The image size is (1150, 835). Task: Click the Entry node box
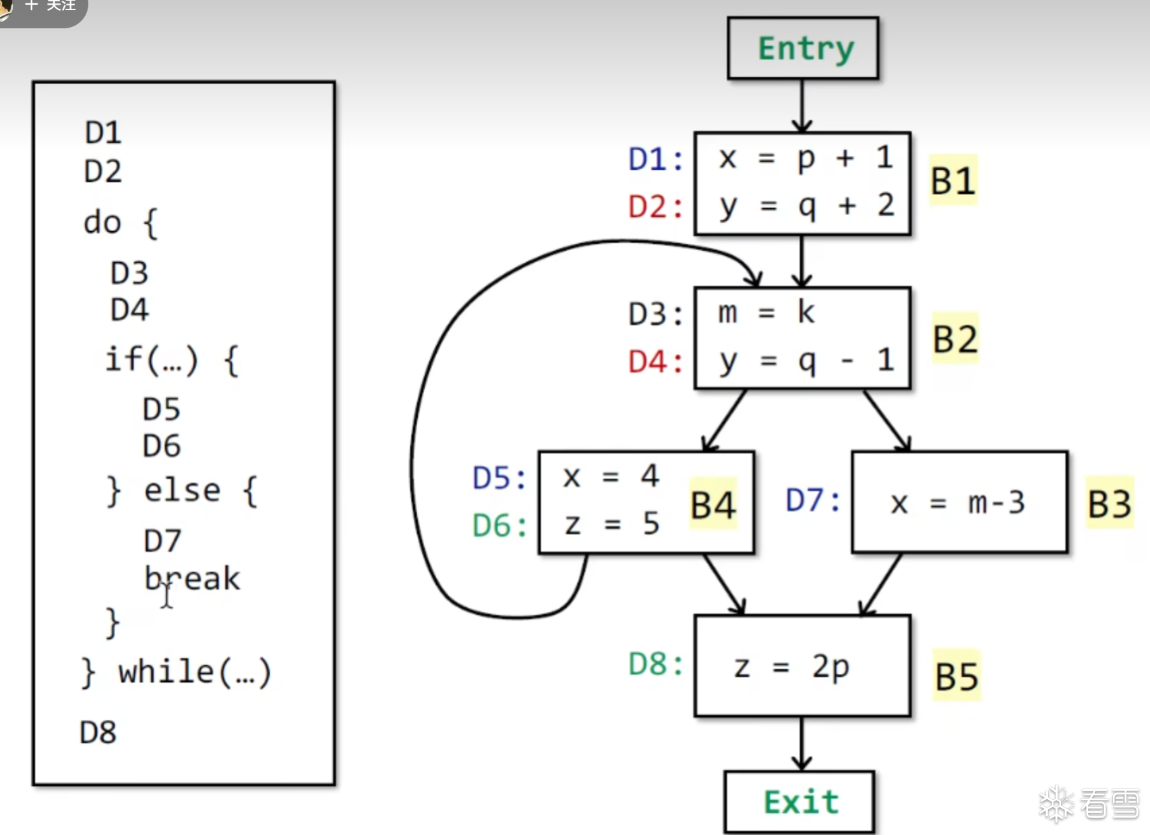pos(803,49)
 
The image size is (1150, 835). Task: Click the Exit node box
pos(799,802)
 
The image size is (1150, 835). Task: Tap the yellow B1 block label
pos(952,181)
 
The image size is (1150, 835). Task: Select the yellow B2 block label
pos(955,339)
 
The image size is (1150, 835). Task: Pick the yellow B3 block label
pos(1109,503)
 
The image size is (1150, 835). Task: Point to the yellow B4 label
pos(713,505)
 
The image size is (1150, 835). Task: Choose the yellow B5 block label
pos(956,676)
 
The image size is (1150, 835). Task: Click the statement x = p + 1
pos(806,159)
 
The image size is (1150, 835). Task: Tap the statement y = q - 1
pos(806,362)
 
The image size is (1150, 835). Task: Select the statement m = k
pos(766,313)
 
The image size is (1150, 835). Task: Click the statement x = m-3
pos(957,503)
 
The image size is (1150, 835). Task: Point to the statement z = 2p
pos(791,667)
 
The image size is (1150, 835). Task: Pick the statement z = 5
pos(611,524)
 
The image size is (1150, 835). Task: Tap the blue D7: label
pos(813,501)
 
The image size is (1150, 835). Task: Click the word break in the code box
pos(192,579)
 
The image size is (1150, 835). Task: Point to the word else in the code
pos(182,491)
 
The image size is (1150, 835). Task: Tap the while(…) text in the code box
pos(194,672)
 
